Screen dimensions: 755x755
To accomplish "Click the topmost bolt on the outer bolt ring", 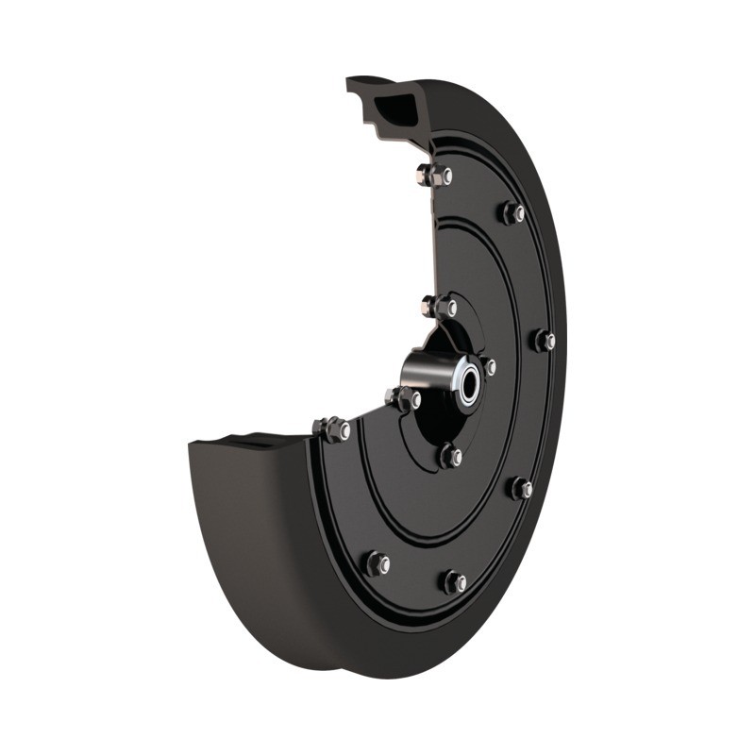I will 436,176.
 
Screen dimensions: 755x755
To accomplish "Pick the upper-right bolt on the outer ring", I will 512,213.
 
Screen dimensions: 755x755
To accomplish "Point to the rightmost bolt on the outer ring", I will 545,341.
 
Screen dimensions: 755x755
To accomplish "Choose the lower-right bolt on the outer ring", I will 521,488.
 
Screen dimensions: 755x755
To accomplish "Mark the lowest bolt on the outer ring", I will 455,581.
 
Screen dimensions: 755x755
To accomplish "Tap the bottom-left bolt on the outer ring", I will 377,563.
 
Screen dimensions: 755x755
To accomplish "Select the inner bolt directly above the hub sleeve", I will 440,307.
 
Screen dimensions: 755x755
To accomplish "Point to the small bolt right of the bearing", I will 489,366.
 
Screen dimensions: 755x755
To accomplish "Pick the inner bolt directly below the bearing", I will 451,457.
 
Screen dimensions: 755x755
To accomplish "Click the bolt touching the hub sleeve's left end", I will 404,399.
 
